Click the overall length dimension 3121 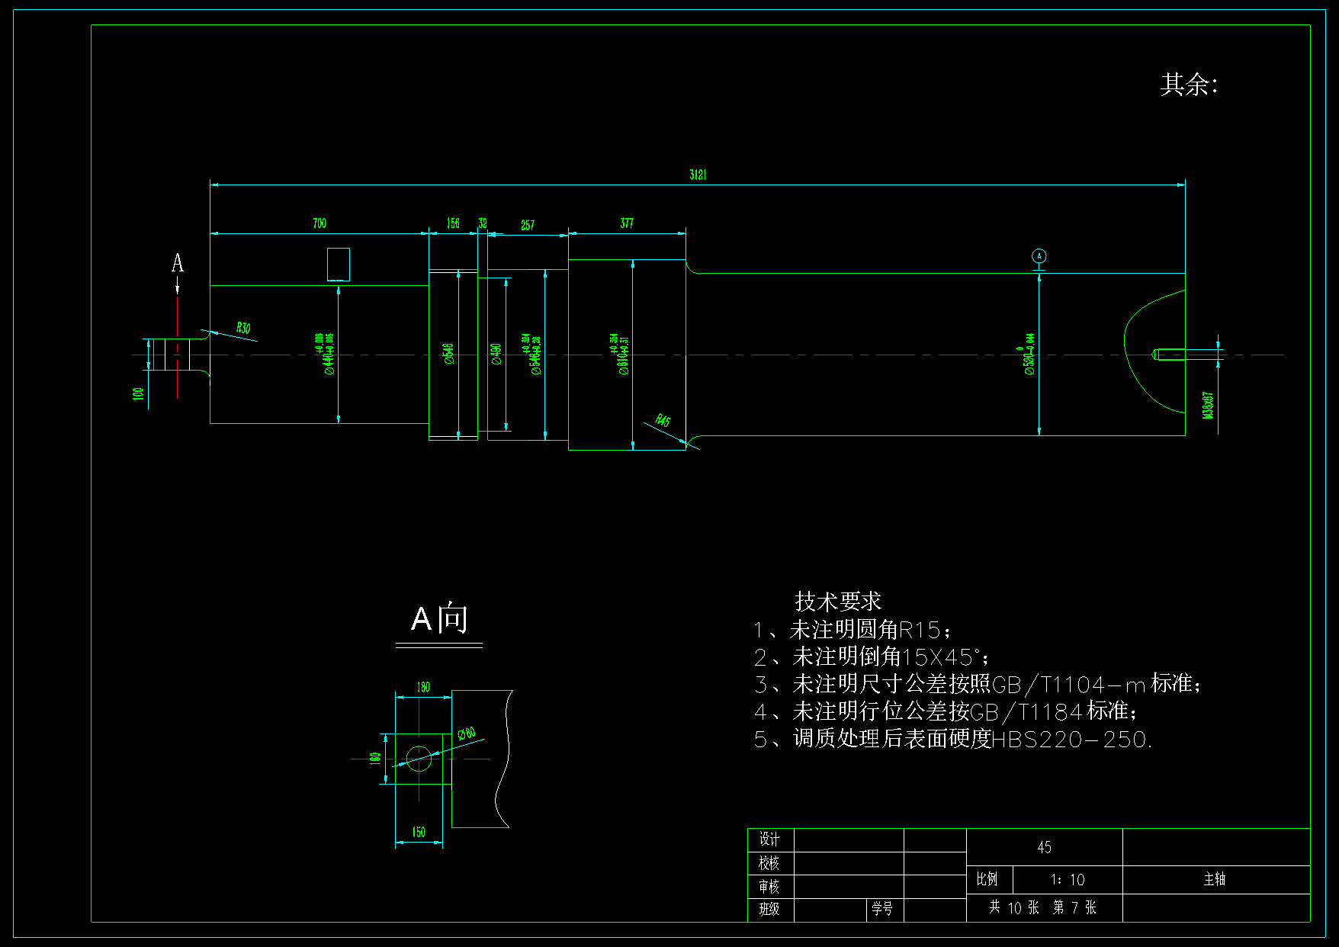[x=698, y=175]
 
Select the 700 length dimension [x=319, y=223]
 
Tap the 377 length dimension [x=627, y=223]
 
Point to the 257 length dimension [x=528, y=225]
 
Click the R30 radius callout [x=242, y=328]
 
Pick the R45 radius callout [x=663, y=420]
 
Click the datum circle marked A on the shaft [x=1039, y=256]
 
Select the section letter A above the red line [x=178, y=264]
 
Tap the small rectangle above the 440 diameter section [x=339, y=265]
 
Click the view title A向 [x=439, y=619]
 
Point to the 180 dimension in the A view [x=423, y=687]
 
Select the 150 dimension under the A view [x=419, y=832]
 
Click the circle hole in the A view [x=419, y=759]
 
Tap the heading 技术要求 [x=837, y=602]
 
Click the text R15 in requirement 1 [x=920, y=630]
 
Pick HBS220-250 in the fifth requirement [x=1070, y=739]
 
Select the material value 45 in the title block [x=1044, y=847]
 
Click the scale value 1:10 [x=1068, y=880]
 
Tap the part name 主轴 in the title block [x=1215, y=879]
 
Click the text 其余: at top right [x=1189, y=85]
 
